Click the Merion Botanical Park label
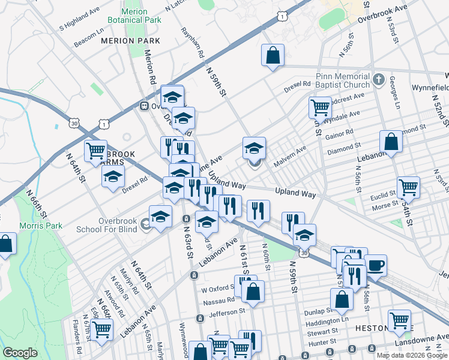point(134,16)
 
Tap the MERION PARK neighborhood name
point(130,41)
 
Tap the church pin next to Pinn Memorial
point(379,79)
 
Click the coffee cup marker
point(375,265)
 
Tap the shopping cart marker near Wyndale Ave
point(320,108)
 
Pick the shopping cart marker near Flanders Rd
point(101,329)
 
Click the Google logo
point(20,353)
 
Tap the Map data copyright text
point(412,355)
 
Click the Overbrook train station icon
point(144,106)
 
